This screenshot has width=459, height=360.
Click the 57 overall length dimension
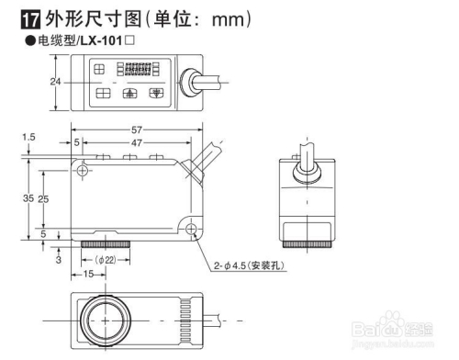[x=135, y=129]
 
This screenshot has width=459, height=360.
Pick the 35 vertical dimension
[x=28, y=198]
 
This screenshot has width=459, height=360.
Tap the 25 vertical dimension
[x=43, y=198]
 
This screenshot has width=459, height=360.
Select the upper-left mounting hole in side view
[x=83, y=172]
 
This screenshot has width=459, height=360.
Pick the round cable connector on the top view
[x=192, y=80]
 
